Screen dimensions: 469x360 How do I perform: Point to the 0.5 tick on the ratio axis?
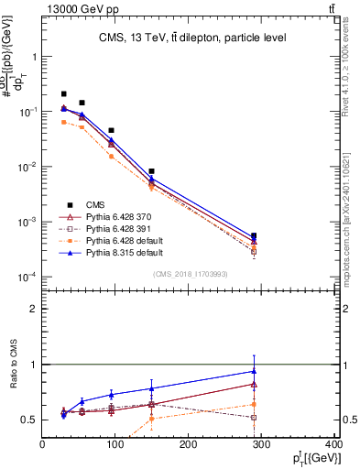point(32,420)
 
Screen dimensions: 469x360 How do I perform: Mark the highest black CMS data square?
point(63,93)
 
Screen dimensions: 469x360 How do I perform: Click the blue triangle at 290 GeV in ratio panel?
point(254,371)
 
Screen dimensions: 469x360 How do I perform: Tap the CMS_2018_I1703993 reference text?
point(191,275)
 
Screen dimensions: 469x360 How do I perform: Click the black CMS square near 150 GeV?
point(152,171)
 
